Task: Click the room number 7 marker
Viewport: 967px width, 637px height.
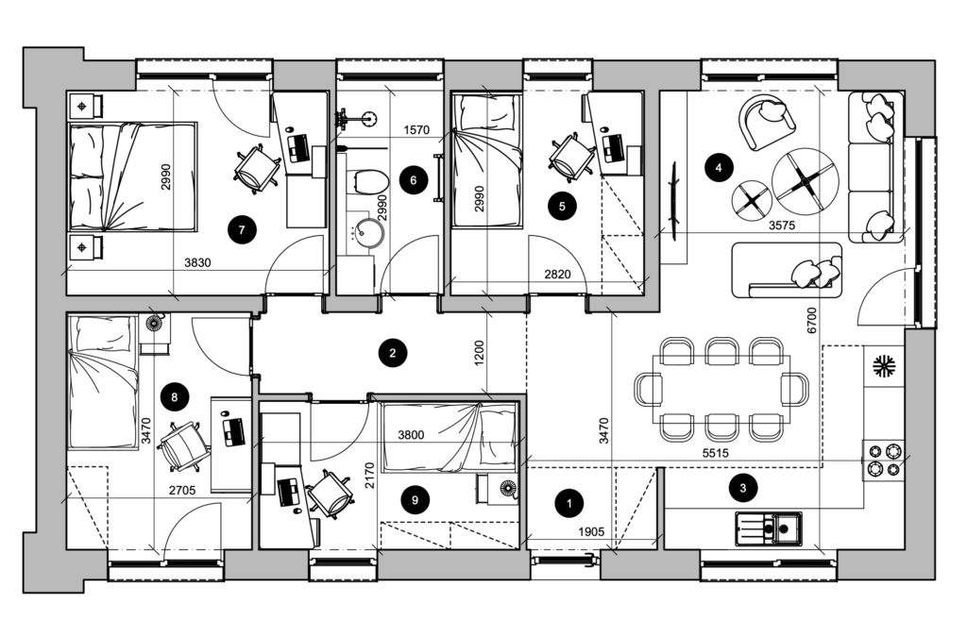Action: click(x=242, y=230)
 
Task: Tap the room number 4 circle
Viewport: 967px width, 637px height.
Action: click(x=718, y=167)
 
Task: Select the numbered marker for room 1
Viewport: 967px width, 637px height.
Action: click(x=569, y=503)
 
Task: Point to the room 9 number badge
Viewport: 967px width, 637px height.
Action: click(x=415, y=499)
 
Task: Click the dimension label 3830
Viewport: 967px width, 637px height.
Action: click(x=197, y=263)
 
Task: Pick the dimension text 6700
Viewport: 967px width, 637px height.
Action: click(x=811, y=320)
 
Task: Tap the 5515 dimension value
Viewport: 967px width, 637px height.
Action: click(x=716, y=453)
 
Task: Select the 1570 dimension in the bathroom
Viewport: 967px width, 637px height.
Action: click(x=416, y=130)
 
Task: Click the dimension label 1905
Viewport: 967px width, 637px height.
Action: click(x=591, y=531)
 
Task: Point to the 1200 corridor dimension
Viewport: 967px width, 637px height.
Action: click(x=480, y=353)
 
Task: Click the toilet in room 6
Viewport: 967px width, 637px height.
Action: click(x=369, y=182)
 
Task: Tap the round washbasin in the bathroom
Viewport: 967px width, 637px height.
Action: click(x=369, y=231)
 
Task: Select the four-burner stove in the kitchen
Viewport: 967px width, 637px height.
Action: click(x=884, y=461)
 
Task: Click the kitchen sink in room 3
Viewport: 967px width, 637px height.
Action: click(x=769, y=528)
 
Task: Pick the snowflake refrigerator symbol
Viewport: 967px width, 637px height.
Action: click(x=884, y=367)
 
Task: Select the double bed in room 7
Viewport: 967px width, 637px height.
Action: click(x=132, y=176)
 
